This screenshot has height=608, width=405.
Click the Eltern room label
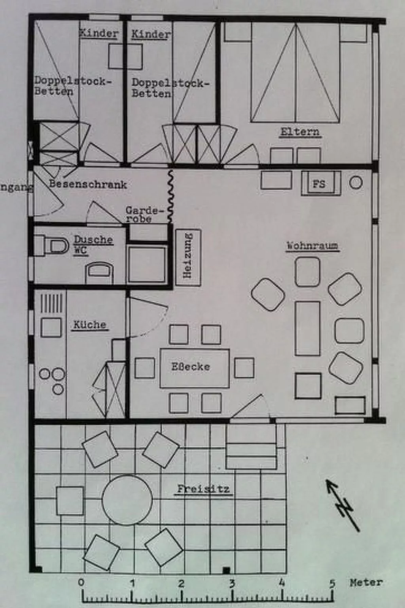click(x=300, y=132)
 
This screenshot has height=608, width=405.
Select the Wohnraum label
click(x=312, y=246)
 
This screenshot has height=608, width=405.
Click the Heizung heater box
click(x=188, y=255)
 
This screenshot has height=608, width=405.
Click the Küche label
click(x=90, y=325)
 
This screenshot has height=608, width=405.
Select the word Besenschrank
click(x=88, y=184)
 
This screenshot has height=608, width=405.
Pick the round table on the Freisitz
click(x=127, y=500)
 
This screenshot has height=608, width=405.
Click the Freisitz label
click(x=203, y=489)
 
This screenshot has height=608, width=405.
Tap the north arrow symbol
click(x=343, y=505)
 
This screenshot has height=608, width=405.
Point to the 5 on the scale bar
click(x=332, y=583)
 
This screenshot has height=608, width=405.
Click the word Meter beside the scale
click(x=366, y=583)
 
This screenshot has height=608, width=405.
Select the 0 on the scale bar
click(x=81, y=583)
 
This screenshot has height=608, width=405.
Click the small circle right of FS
click(x=356, y=182)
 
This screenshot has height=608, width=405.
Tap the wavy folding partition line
click(x=171, y=196)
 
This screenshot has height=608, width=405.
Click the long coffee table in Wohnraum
click(x=307, y=328)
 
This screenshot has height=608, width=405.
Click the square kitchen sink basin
click(x=51, y=327)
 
